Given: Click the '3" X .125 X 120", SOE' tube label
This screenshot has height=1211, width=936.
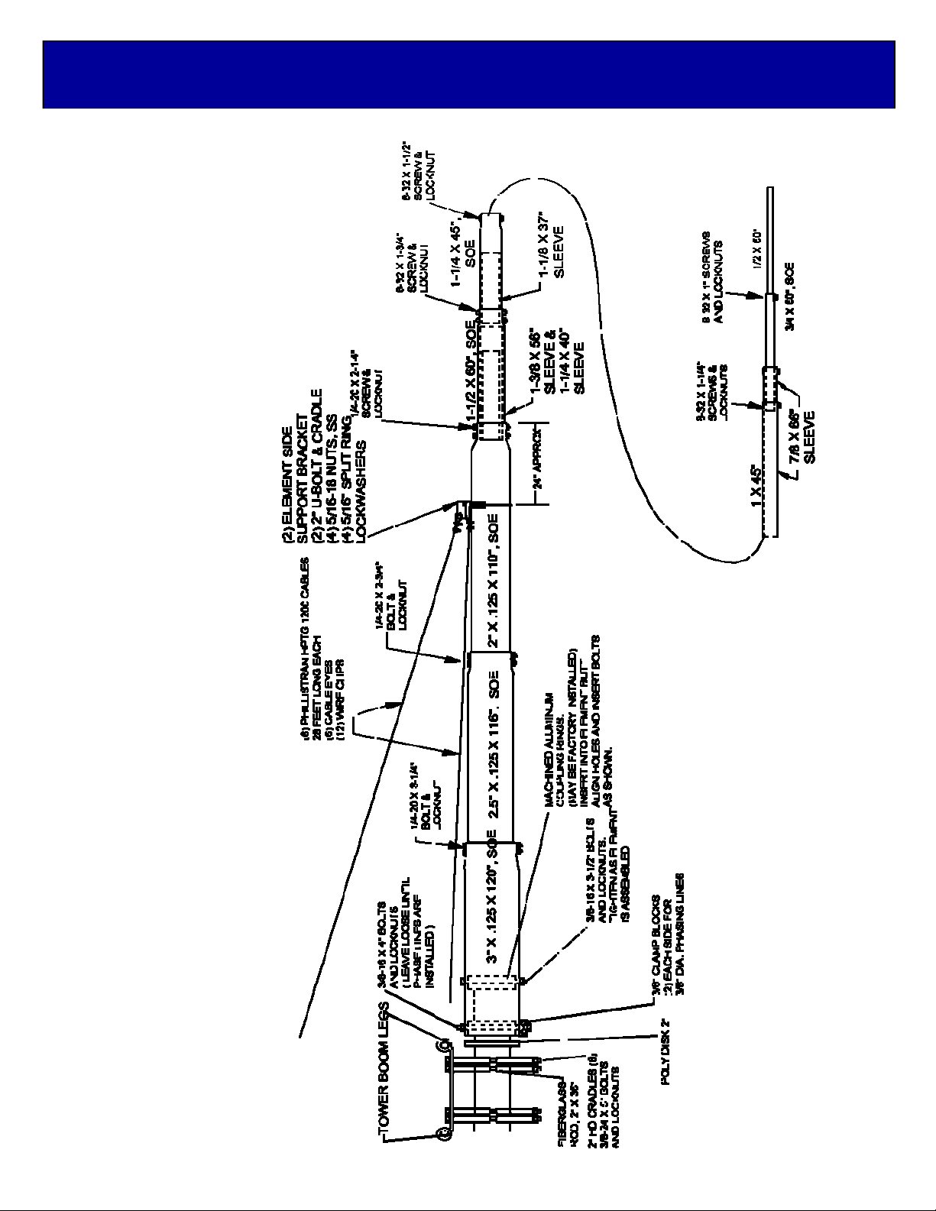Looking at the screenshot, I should [493, 910].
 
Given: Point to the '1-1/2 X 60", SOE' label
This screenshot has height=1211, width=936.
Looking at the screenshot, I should [471, 374].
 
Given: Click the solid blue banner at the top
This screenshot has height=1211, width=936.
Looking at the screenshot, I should [468, 74].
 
